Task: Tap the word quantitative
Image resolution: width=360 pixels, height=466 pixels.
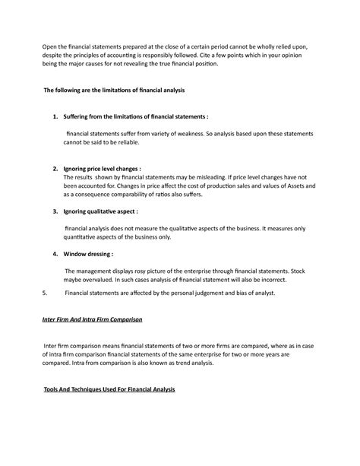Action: tap(84, 237)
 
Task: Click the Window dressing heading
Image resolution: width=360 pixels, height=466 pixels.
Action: tap(89, 254)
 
